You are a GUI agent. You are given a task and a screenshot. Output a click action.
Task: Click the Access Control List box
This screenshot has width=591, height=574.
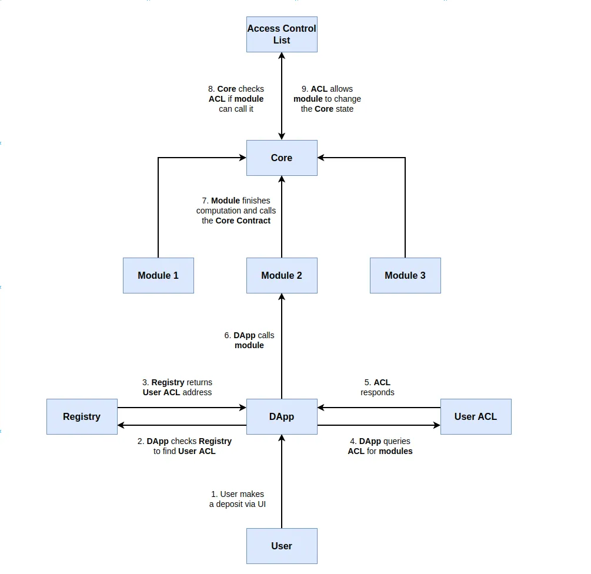point(282,34)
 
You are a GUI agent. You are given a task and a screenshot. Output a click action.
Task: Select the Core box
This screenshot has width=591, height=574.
point(282,158)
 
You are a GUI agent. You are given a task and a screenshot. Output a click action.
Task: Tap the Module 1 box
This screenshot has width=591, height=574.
point(158,275)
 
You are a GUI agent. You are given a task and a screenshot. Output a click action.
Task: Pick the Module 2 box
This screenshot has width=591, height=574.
point(282,275)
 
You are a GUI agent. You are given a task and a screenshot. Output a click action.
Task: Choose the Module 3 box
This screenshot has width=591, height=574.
point(405,275)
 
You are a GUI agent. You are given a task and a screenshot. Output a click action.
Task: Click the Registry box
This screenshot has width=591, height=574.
point(82,416)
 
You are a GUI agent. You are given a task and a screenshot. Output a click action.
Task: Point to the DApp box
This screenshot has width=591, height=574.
point(282,416)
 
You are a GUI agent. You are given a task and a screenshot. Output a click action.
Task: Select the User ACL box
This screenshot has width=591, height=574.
point(476,416)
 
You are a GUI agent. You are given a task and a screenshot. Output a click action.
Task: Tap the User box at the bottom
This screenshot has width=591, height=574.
point(282,546)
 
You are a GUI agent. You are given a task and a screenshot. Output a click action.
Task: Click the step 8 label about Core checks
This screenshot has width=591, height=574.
point(236,99)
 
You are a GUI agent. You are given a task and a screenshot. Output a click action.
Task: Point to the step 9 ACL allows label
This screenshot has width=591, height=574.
point(327,99)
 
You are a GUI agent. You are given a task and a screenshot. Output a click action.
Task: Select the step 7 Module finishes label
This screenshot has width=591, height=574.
point(236,211)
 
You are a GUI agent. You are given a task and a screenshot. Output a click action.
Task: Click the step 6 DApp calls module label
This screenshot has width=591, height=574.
point(249,341)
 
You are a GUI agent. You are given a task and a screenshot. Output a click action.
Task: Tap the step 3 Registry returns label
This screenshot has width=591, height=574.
point(177,388)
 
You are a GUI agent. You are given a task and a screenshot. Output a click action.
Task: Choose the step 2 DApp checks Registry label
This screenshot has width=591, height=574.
point(184,446)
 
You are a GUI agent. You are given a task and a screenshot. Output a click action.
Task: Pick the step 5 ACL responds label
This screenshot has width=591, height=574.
point(378,388)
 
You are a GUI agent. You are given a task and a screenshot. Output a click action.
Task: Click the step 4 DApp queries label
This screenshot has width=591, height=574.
point(380,446)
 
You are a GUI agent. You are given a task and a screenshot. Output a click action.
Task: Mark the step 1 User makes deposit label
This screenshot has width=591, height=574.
point(238,499)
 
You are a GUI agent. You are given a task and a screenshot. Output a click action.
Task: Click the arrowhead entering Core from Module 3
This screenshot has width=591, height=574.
point(320,158)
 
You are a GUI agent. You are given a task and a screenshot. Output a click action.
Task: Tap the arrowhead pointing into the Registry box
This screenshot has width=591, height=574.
point(121,425)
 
